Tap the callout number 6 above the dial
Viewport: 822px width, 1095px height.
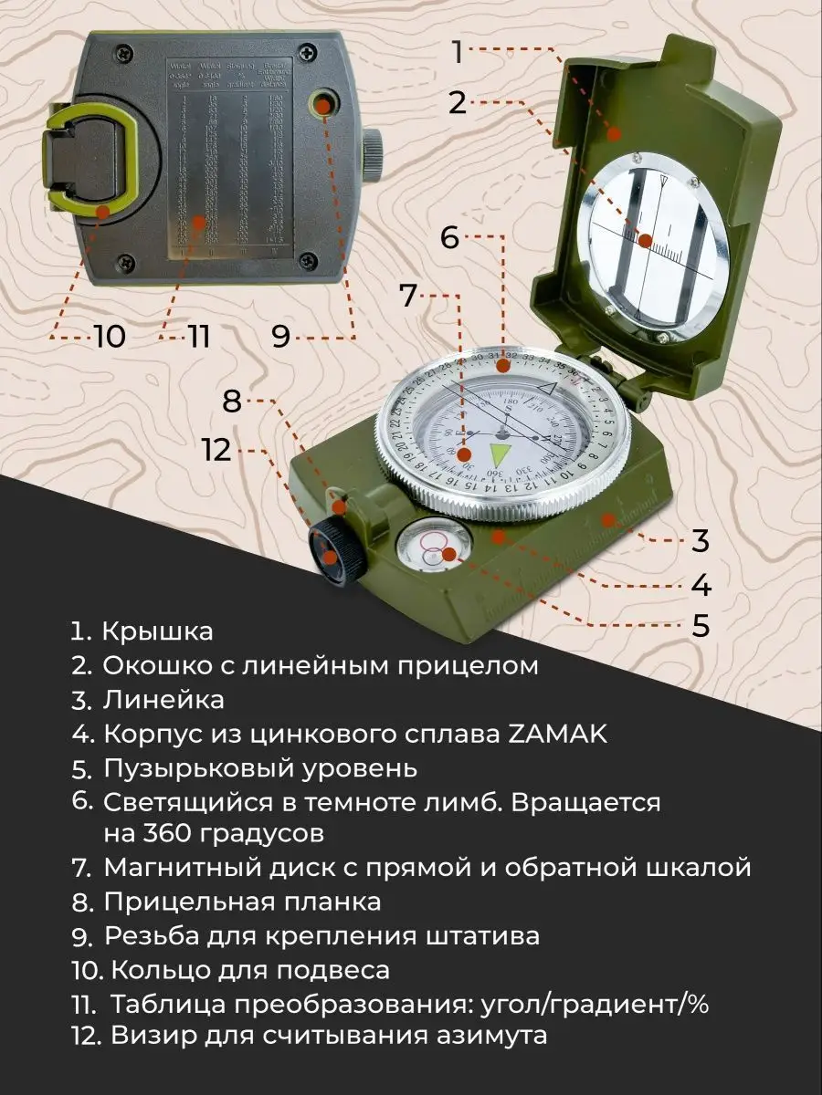449,238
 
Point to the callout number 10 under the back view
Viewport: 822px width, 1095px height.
110,337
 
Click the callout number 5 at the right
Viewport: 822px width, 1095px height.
700,626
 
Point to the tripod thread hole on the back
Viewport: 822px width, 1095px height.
321,106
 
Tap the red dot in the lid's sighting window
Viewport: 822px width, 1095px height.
646,242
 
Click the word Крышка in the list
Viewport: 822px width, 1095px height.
157,631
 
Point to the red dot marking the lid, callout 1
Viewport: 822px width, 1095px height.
614,133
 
